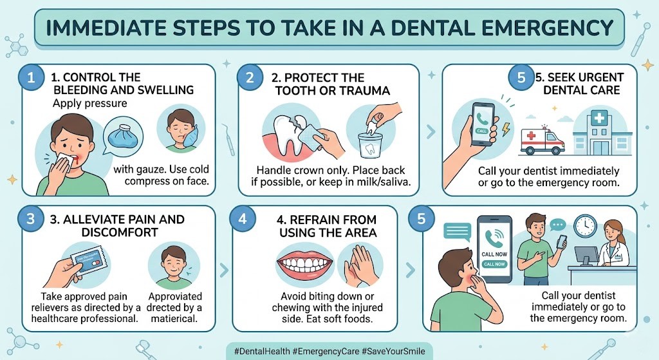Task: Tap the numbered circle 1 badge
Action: pos(30,79)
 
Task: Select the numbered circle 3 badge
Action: pos(30,219)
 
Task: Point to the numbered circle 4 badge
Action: pos(242,219)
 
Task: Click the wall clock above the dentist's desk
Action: pos(586,225)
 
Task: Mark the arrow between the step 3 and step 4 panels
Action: pos(223,270)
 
